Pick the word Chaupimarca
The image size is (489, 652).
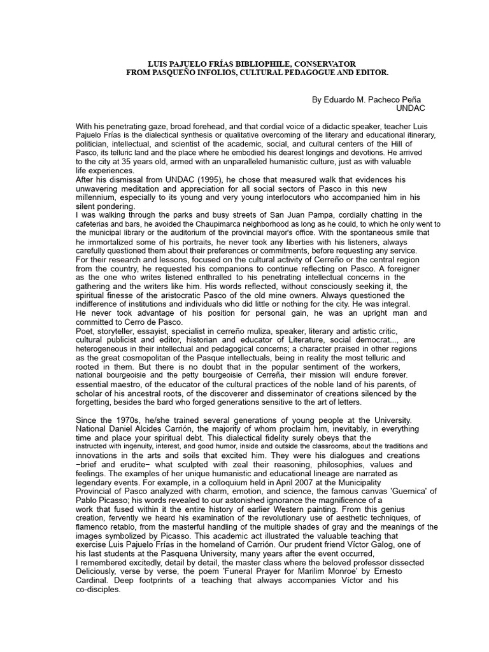click(x=184, y=224)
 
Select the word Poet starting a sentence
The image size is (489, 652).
click(x=84, y=331)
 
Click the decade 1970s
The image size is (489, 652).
click(x=129, y=420)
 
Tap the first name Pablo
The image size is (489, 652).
click(x=86, y=500)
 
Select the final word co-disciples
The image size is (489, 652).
click(x=98, y=589)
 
